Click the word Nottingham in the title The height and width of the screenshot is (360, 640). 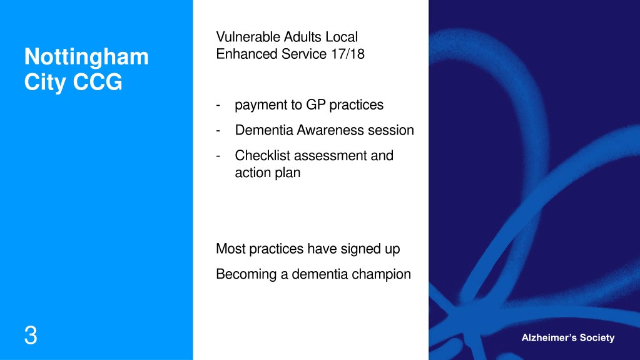click(x=86, y=57)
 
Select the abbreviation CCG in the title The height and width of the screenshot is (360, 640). click(x=98, y=82)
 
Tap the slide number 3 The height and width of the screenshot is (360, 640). click(x=31, y=336)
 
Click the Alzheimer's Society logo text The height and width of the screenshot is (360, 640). click(x=568, y=338)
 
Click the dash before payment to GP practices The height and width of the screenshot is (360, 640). click(x=218, y=105)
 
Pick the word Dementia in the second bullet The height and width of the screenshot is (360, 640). click(x=264, y=130)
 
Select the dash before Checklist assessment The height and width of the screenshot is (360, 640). click(x=218, y=156)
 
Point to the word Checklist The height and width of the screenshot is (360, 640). click(x=263, y=155)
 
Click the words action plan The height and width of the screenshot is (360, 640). click(x=268, y=173)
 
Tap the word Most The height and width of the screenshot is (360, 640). click(x=231, y=249)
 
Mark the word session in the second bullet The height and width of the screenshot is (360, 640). click(x=391, y=130)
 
